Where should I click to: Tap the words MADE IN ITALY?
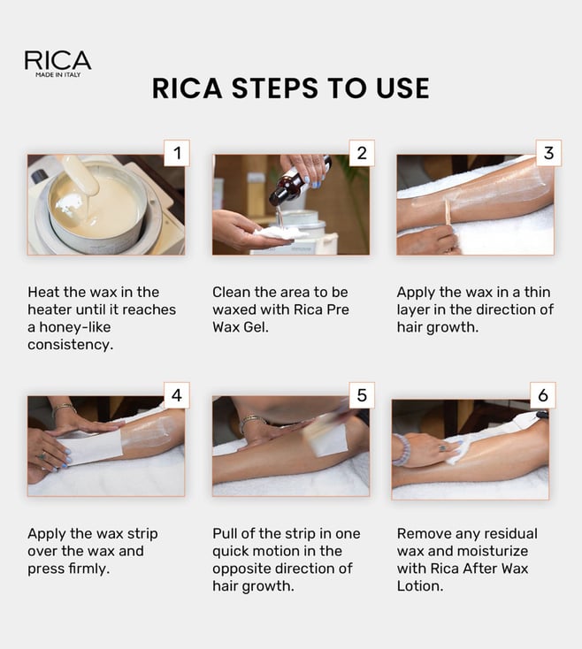coord(58,75)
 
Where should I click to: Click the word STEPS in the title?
coord(274,88)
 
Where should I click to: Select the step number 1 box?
coord(177,153)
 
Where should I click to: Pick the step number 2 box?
coord(362,153)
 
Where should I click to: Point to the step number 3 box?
coord(548,153)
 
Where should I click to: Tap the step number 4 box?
coord(177,395)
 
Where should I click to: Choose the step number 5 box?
coord(362,395)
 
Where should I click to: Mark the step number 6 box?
coord(543,395)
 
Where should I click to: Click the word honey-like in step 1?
coord(75,327)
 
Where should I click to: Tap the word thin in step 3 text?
coord(537,292)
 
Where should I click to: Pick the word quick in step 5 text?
coord(231,552)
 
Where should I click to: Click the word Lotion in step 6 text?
coord(420,586)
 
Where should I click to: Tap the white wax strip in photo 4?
coord(93,447)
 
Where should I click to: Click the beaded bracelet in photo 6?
coord(402,450)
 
